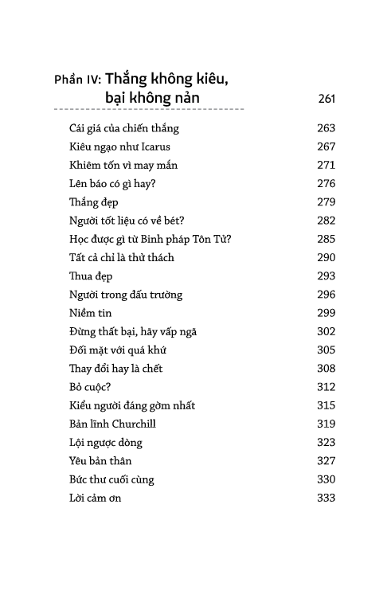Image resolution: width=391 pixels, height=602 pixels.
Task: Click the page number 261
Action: pos(326,100)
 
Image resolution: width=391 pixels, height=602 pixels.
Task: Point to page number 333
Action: pos(326,498)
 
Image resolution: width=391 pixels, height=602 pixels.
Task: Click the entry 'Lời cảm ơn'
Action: pos(95,498)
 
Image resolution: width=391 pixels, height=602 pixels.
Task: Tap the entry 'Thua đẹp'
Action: pos(90,276)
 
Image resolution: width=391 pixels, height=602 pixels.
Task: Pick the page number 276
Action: pos(326,184)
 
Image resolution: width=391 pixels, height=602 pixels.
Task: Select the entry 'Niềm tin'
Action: pos(90,314)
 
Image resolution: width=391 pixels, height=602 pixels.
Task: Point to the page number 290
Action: pos(326,258)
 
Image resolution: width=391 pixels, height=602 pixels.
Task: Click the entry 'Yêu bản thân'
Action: pos(100,462)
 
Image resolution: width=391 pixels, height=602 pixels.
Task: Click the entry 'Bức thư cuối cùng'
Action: pos(111,480)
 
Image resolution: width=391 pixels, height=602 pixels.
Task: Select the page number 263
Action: pos(326,129)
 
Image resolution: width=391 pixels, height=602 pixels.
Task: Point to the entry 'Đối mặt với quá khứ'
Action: pos(117,351)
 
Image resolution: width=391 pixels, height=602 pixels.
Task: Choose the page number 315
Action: pos(326,406)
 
